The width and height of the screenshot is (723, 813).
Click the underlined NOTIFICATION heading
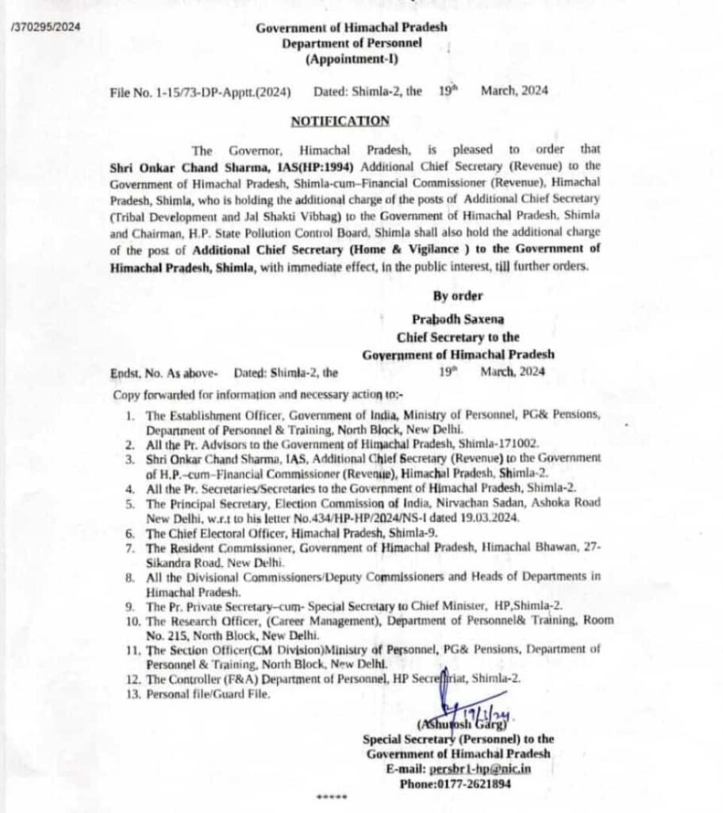tap(340, 121)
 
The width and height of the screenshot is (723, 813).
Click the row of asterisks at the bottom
tap(332, 797)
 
